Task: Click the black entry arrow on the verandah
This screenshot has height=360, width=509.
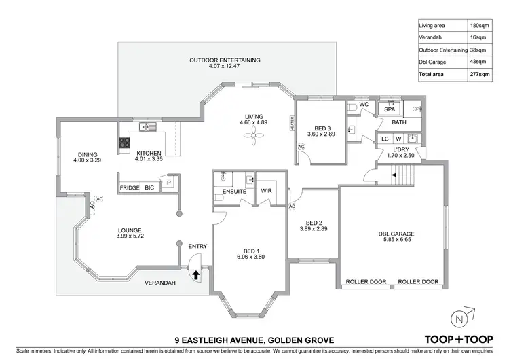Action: (196, 275)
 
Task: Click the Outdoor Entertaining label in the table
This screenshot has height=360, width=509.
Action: (442, 50)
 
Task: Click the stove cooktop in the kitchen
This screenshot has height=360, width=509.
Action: (125, 143)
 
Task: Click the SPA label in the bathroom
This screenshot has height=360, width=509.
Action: (390, 109)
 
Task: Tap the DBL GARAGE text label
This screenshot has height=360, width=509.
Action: (396, 234)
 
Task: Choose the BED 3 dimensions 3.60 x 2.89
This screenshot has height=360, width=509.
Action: (322, 134)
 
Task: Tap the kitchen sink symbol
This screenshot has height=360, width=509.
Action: (146, 127)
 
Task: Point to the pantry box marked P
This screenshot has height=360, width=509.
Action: (168, 183)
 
